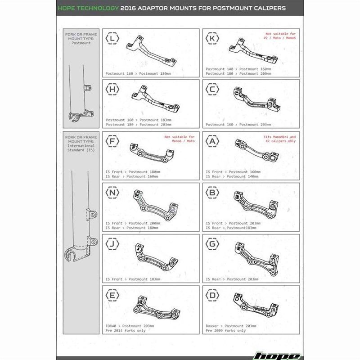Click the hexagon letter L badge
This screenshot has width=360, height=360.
click(x=112, y=39)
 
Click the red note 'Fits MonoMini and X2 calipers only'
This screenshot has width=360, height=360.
click(x=279, y=139)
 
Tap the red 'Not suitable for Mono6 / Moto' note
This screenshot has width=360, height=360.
click(x=180, y=139)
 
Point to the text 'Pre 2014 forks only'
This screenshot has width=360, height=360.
click(x=126, y=330)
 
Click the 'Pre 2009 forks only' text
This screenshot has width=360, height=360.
click(x=226, y=330)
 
